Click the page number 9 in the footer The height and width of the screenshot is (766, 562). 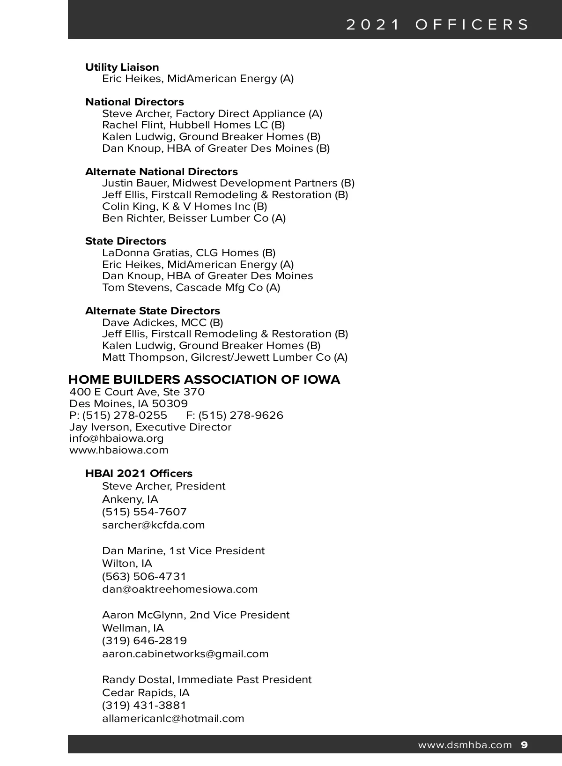(524, 745)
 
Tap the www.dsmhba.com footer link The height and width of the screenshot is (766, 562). (465, 745)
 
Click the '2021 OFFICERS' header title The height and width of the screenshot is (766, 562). (438, 24)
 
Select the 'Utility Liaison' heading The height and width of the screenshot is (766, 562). (122, 67)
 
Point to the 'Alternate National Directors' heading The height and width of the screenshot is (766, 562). (162, 171)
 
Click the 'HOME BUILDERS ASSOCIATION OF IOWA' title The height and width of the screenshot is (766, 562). (204, 379)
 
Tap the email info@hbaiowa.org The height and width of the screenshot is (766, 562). (117, 439)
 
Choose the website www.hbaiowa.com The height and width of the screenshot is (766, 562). (119, 450)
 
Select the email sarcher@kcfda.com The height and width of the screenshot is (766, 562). (154, 525)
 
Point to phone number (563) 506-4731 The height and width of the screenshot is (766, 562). (144, 576)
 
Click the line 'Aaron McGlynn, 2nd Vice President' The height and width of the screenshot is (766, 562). (196, 615)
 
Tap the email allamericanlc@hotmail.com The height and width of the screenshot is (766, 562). (173, 718)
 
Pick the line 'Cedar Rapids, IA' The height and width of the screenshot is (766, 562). (146, 692)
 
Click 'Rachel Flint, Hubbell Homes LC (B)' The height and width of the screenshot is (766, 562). (193, 125)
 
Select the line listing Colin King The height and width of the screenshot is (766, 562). (185, 207)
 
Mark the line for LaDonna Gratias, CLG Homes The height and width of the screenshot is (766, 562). (189, 253)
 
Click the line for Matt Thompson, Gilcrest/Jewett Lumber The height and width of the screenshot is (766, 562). (225, 357)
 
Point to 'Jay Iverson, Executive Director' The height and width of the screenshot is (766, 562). (150, 427)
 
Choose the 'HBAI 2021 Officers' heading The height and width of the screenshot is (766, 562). (139, 473)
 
